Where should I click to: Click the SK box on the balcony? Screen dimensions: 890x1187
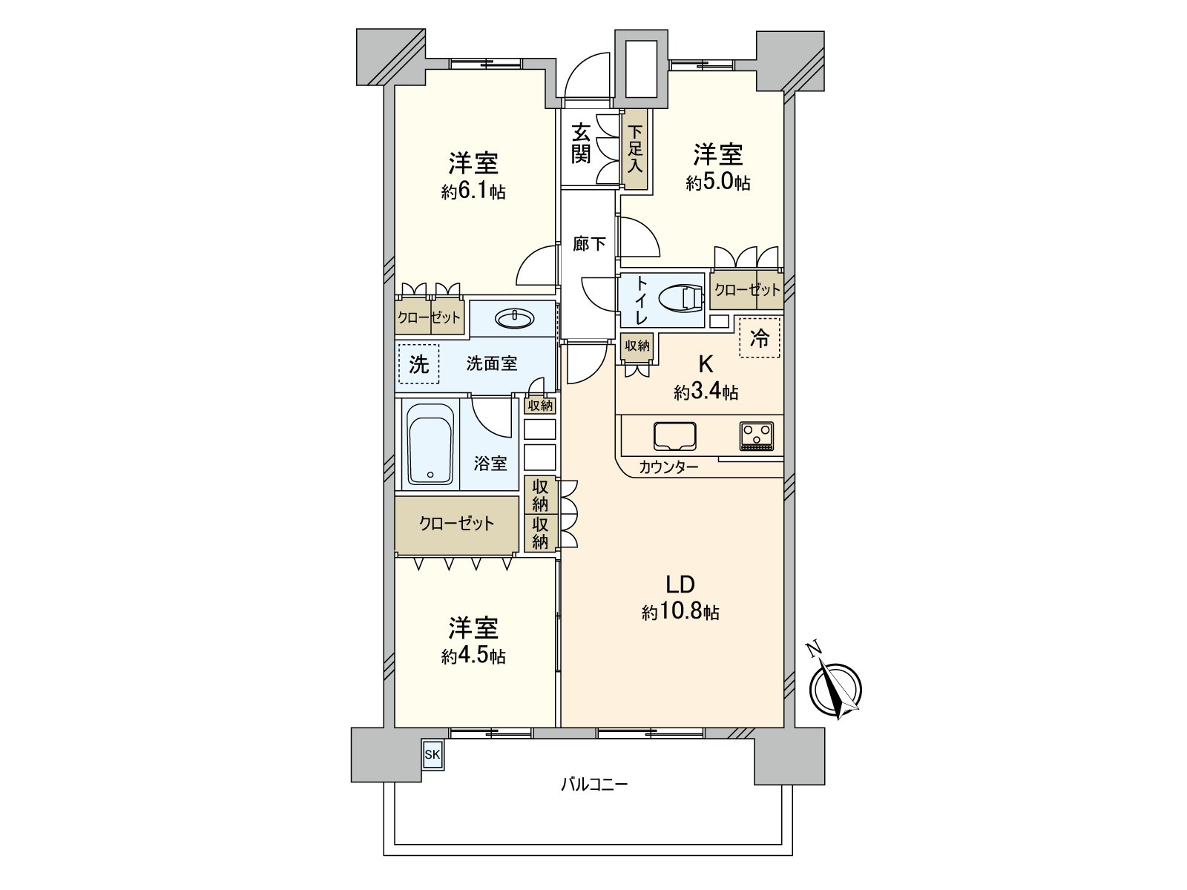coord(432,755)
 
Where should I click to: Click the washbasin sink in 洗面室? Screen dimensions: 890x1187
coord(514,319)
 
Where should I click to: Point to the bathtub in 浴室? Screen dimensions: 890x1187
coord(430,445)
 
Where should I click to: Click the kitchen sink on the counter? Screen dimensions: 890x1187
coord(675,436)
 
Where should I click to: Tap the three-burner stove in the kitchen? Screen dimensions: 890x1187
coord(756,436)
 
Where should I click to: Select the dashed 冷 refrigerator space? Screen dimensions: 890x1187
coord(760,338)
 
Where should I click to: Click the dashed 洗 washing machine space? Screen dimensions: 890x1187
coord(418,363)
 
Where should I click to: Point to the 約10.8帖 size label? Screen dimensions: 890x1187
coord(680,612)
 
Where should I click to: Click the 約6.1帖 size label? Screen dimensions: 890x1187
coord(473,192)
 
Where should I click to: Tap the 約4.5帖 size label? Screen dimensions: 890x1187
coord(473,656)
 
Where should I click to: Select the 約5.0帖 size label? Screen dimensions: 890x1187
coord(717,182)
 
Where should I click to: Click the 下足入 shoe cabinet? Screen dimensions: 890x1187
coord(635,148)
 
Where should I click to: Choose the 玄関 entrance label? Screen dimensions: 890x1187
coord(581,144)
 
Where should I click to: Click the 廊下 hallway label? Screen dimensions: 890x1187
coord(589,243)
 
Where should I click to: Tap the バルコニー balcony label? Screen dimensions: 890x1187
coord(593,783)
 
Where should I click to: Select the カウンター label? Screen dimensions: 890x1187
coord(668,467)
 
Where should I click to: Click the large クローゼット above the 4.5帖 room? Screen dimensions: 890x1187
coord(456,524)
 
